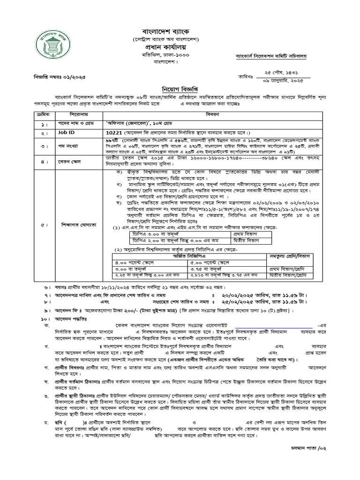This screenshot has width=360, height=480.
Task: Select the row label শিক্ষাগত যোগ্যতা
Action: (78, 225)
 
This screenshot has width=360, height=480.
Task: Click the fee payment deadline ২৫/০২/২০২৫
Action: (253, 302)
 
